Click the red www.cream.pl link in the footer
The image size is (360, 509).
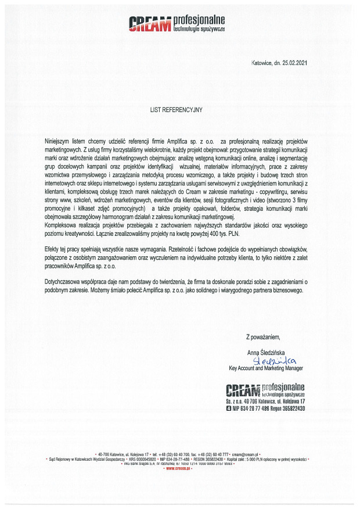coord(179,468)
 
